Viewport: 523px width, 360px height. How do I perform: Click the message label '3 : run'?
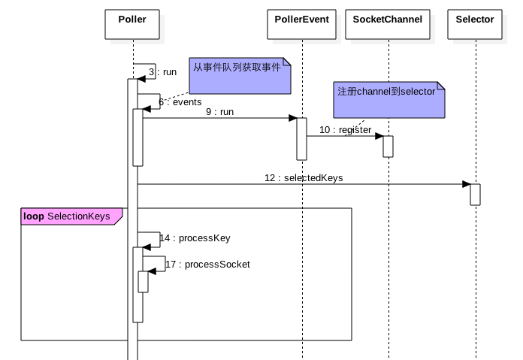tap(162, 72)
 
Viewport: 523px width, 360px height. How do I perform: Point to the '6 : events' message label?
tap(180, 101)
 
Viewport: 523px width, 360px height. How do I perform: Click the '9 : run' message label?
tap(219, 111)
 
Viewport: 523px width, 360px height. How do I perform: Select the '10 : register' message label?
tap(345, 130)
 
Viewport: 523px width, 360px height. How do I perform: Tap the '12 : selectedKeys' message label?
tap(304, 178)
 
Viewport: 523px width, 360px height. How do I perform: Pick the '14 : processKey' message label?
tap(195, 238)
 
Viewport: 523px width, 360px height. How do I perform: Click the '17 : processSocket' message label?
tap(207, 265)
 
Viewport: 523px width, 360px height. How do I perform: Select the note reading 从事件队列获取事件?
tap(239, 77)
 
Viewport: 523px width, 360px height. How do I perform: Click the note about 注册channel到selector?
tap(389, 101)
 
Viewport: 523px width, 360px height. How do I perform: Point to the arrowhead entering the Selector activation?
tap(466, 184)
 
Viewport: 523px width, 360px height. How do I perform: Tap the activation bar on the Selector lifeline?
tap(475, 194)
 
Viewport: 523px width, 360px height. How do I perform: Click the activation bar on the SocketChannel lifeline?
tap(388, 146)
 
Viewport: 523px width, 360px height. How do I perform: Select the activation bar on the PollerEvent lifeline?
tap(301, 138)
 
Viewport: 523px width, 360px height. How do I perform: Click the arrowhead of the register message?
tap(379, 136)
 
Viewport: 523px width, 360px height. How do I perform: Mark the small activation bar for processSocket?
tap(143, 282)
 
